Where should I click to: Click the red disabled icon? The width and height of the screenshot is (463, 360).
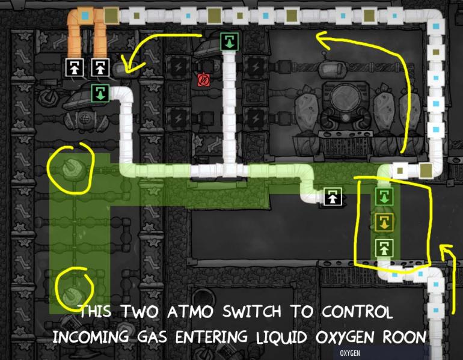coord(203,79)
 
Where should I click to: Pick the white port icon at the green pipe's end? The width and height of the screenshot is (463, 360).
coord(332,197)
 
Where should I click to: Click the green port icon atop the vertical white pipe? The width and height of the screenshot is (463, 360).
coord(229,41)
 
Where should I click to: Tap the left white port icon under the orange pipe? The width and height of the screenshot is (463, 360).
coord(74,67)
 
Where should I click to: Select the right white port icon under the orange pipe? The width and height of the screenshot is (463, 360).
coord(99,67)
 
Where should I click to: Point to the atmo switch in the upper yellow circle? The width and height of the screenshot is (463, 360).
coord(71,169)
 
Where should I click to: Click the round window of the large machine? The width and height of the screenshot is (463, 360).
coord(344,98)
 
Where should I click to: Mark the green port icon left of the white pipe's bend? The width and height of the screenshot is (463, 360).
coord(99,93)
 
